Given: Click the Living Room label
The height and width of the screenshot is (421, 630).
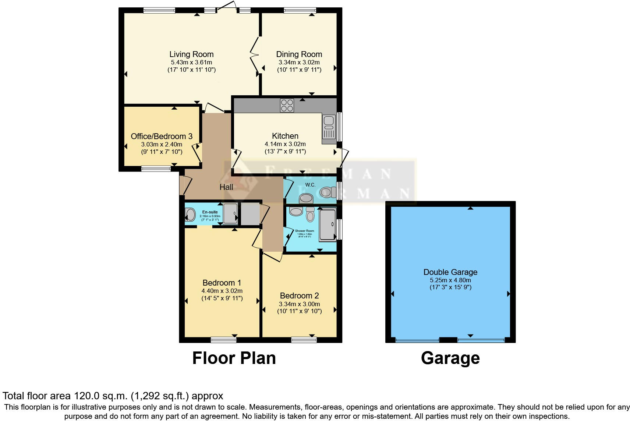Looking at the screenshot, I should tap(191, 54).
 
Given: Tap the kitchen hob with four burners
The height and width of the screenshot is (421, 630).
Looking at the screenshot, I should tap(287, 106).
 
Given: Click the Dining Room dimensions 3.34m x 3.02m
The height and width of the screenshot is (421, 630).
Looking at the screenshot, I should tap(299, 63).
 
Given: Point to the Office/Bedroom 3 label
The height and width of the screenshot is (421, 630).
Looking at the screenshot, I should tap(162, 136).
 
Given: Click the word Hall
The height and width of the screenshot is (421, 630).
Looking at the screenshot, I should tap(226, 187).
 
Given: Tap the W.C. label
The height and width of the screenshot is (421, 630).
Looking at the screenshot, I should tap(310, 185).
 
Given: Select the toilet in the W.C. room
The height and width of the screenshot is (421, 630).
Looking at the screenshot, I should tap(328, 192).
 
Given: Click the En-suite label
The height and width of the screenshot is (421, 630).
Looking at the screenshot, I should tap(210, 212).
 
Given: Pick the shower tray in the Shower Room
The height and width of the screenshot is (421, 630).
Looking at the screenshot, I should tap(327, 224).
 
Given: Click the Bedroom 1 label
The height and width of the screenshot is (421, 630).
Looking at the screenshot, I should tap(222, 283).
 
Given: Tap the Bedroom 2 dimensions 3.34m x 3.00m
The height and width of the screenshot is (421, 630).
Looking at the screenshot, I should tap(299, 304).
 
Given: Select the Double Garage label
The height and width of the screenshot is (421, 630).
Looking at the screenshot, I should tap(450, 272).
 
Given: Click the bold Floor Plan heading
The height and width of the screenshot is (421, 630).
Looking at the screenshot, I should tap(234, 358).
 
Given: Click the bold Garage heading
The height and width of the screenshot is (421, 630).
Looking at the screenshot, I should tap(450, 358).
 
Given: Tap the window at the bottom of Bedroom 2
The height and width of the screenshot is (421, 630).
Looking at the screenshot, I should tap(304, 340).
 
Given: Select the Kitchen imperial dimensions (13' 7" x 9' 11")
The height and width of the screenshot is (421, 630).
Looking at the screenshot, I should tap(285, 151).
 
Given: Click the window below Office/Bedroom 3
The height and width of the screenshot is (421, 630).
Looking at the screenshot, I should tap(156, 169).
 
